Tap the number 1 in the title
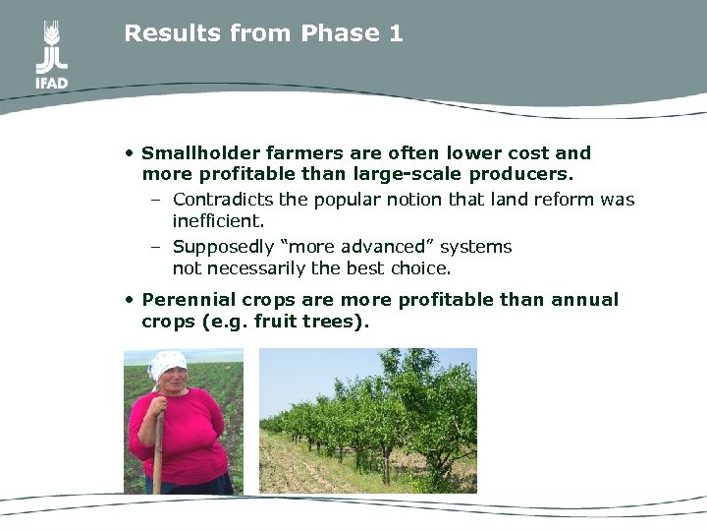(x=396, y=33)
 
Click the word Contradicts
(x=222, y=200)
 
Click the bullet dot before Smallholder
(x=130, y=153)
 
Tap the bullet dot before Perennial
(x=130, y=299)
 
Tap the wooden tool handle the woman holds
(x=157, y=442)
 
